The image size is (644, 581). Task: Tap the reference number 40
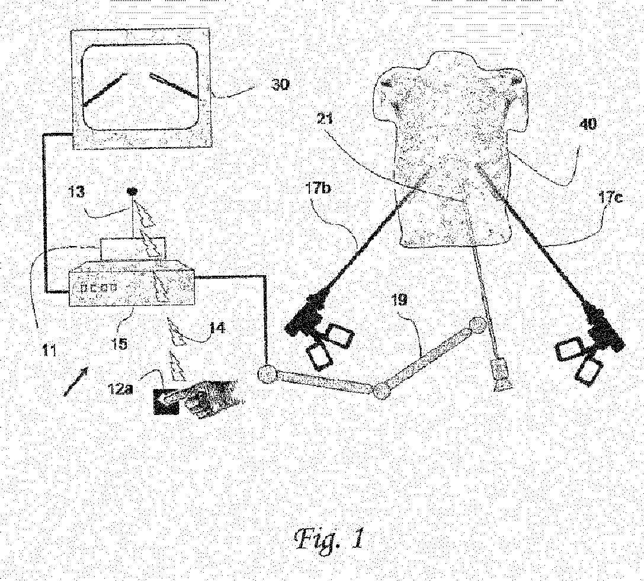[x=587, y=125]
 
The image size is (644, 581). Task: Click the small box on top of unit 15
[x=131, y=247]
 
